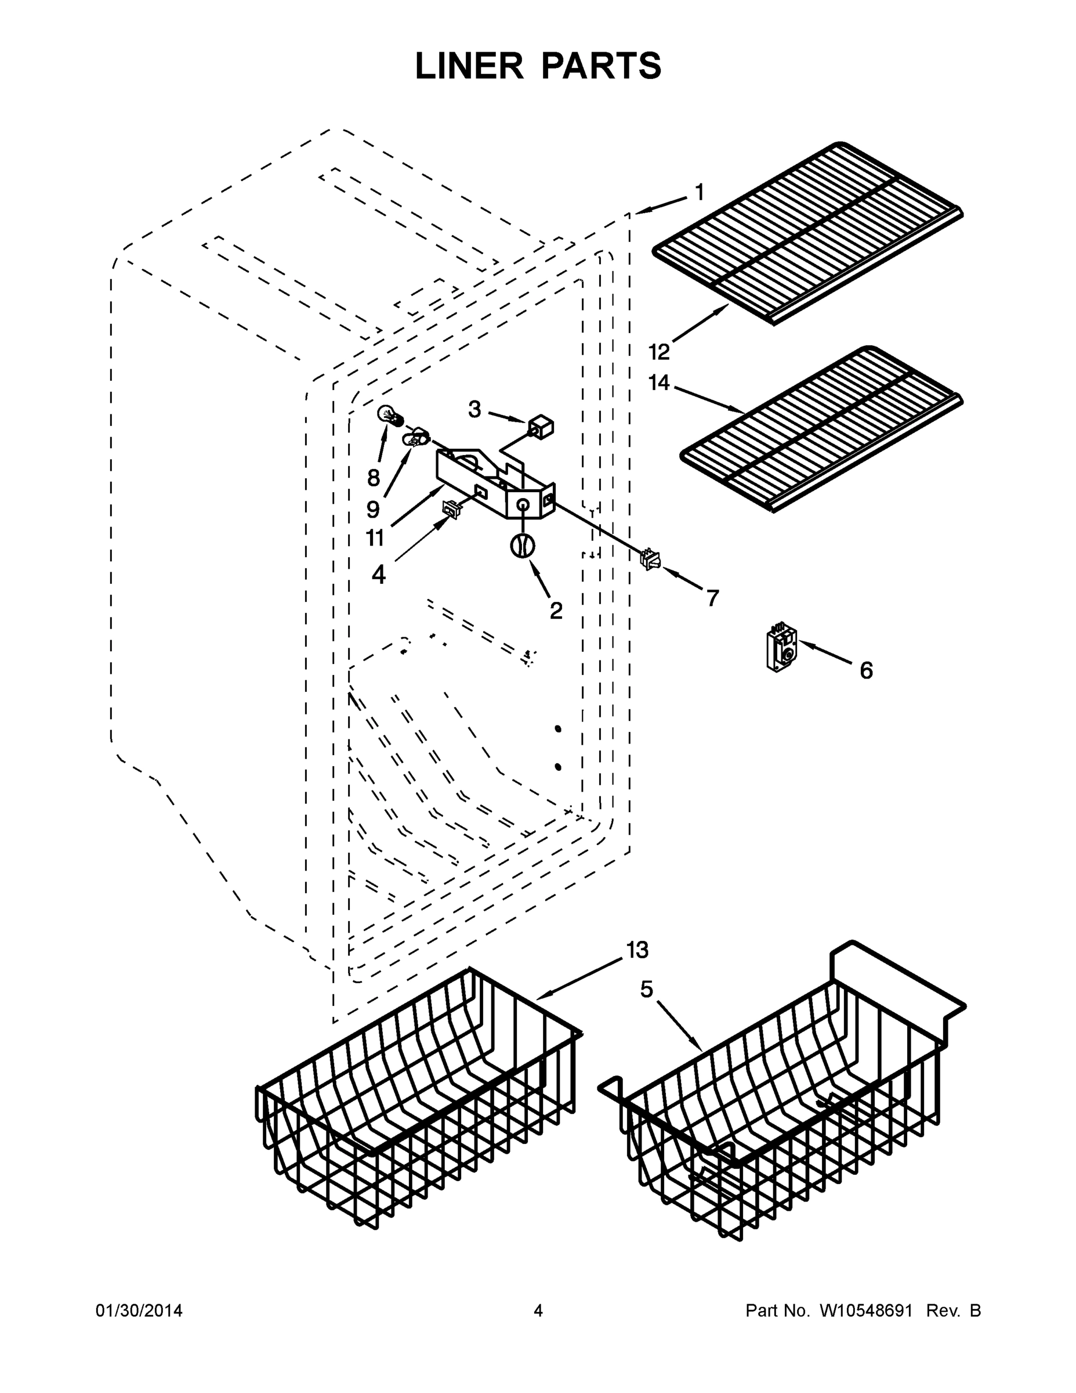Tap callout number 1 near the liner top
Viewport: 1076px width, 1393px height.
(700, 192)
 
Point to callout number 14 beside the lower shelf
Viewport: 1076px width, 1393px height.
(659, 382)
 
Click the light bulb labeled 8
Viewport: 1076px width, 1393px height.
(389, 416)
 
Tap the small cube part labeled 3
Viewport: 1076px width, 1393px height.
(541, 427)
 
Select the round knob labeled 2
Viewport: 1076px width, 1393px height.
(522, 546)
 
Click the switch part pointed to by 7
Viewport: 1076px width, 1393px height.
(650, 560)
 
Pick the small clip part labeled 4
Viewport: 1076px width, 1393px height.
(451, 510)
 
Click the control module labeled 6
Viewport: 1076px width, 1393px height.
(781, 649)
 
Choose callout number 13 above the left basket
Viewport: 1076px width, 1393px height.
(637, 950)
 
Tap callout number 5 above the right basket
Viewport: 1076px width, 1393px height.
(647, 989)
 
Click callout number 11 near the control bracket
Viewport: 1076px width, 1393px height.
(375, 537)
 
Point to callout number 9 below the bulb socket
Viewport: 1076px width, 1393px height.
(373, 508)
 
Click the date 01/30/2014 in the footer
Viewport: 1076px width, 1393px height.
(139, 1311)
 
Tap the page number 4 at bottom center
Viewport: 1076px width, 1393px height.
(538, 1311)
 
